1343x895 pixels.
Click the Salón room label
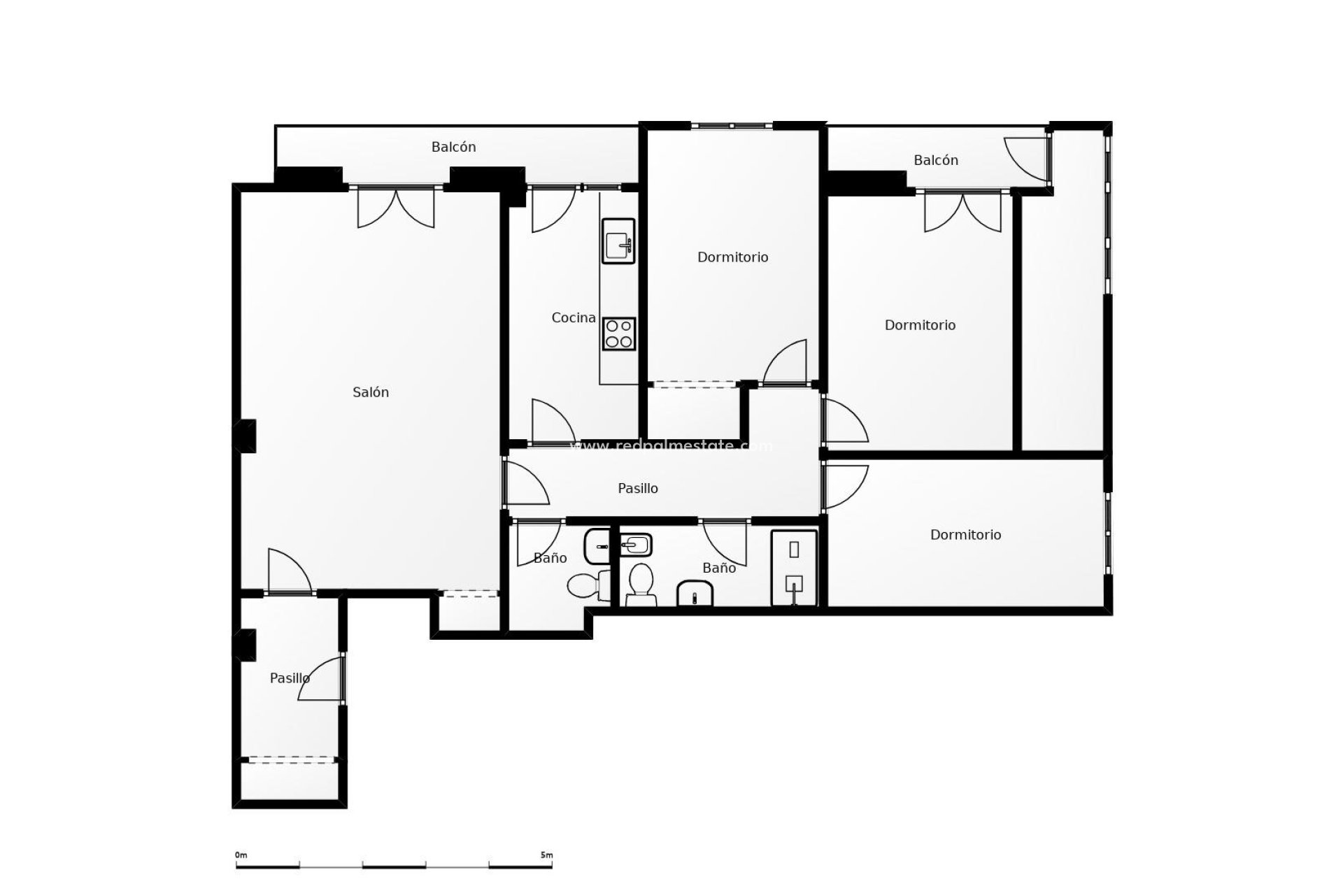coord(370,392)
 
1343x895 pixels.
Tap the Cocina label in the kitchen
coord(574,317)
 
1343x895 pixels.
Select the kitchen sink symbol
coord(618,241)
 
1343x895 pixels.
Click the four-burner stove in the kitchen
coord(618,334)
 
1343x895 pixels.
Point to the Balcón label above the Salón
coord(453,147)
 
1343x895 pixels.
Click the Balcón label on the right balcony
coord(935,160)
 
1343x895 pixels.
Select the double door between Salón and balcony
coord(396,207)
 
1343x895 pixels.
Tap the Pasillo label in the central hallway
coord(637,488)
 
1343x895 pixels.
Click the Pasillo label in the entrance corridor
coord(290,678)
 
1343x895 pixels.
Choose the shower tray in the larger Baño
coord(794,568)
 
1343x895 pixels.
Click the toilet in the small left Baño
coord(586,585)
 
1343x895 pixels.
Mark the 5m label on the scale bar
coord(546,854)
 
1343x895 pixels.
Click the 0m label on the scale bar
coord(241,854)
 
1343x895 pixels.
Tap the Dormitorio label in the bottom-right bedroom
coord(965,534)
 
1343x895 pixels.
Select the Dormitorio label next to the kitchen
coord(732,257)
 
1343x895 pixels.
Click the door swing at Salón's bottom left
coord(288,571)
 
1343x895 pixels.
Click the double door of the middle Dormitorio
coord(962,211)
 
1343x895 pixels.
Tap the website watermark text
coord(671,445)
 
